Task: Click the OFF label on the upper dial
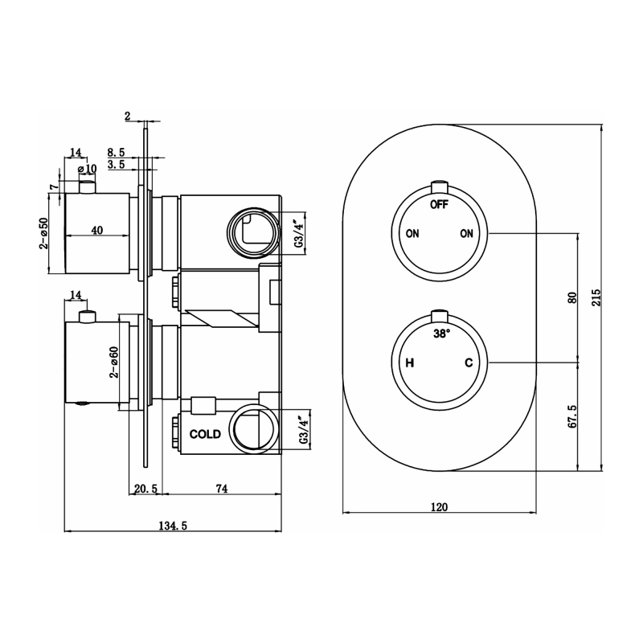[x=439, y=204]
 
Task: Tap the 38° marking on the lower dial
[x=441, y=333]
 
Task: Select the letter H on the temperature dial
[x=409, y=363]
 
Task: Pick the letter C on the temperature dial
[x=469, y=363]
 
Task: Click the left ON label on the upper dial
[x=412, y=234]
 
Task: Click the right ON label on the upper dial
[x=466, y=234]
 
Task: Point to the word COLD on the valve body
[x=205, y=433]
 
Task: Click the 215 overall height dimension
[x=596, y=297]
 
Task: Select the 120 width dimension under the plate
[x=439, y=506]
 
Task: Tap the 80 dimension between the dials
[x=571, y=297]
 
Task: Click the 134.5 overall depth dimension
[x=173, y=526]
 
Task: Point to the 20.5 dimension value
[x=145, y=488]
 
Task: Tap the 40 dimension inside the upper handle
[x=96, y=231]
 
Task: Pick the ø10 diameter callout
[x=87, y=168]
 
